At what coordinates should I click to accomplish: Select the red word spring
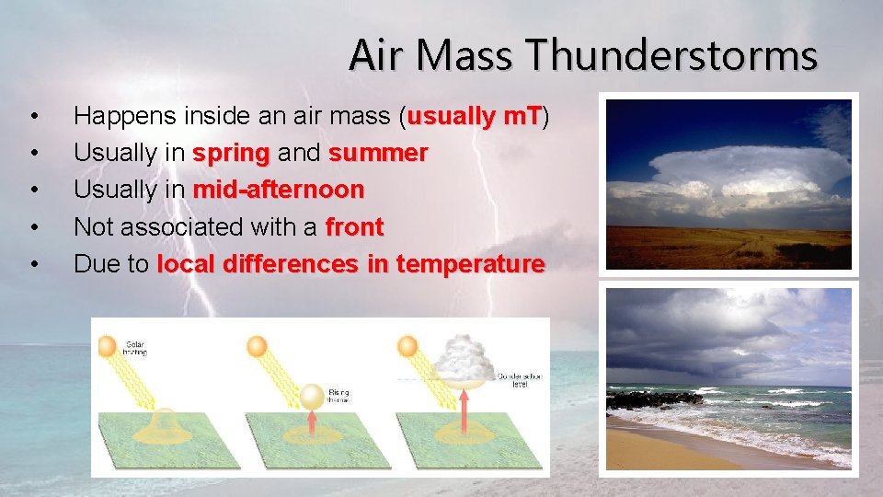click(x=231, y=153)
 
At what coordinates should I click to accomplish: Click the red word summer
click(x=378, y=153)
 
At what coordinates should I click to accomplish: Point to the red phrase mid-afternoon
click(x=279, y=190)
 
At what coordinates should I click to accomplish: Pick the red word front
click(x=354, y=226)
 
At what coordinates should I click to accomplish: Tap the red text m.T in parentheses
click(x=521, y=116)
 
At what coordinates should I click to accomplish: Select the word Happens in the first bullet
click(x=125, y=116)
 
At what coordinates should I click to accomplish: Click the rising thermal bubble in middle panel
click(x=312, y=396)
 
